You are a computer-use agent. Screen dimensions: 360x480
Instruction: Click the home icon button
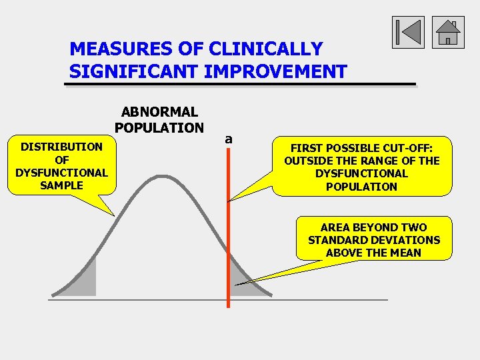click(448, 33)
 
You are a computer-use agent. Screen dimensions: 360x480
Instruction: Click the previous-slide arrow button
click(408, 33)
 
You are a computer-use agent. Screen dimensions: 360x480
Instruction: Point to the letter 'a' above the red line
click(229, 139)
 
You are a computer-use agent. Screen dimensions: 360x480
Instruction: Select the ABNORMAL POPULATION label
click(159, 120)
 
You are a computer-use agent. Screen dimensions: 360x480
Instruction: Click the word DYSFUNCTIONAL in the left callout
click(61, 173)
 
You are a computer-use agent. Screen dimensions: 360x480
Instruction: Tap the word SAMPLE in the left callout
click(61, 185)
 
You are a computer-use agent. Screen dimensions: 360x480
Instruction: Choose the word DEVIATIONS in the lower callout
click(405, 240)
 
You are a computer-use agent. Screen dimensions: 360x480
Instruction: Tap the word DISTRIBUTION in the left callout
click(61, 147)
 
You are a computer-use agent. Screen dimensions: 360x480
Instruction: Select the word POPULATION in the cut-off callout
click(361, 187)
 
